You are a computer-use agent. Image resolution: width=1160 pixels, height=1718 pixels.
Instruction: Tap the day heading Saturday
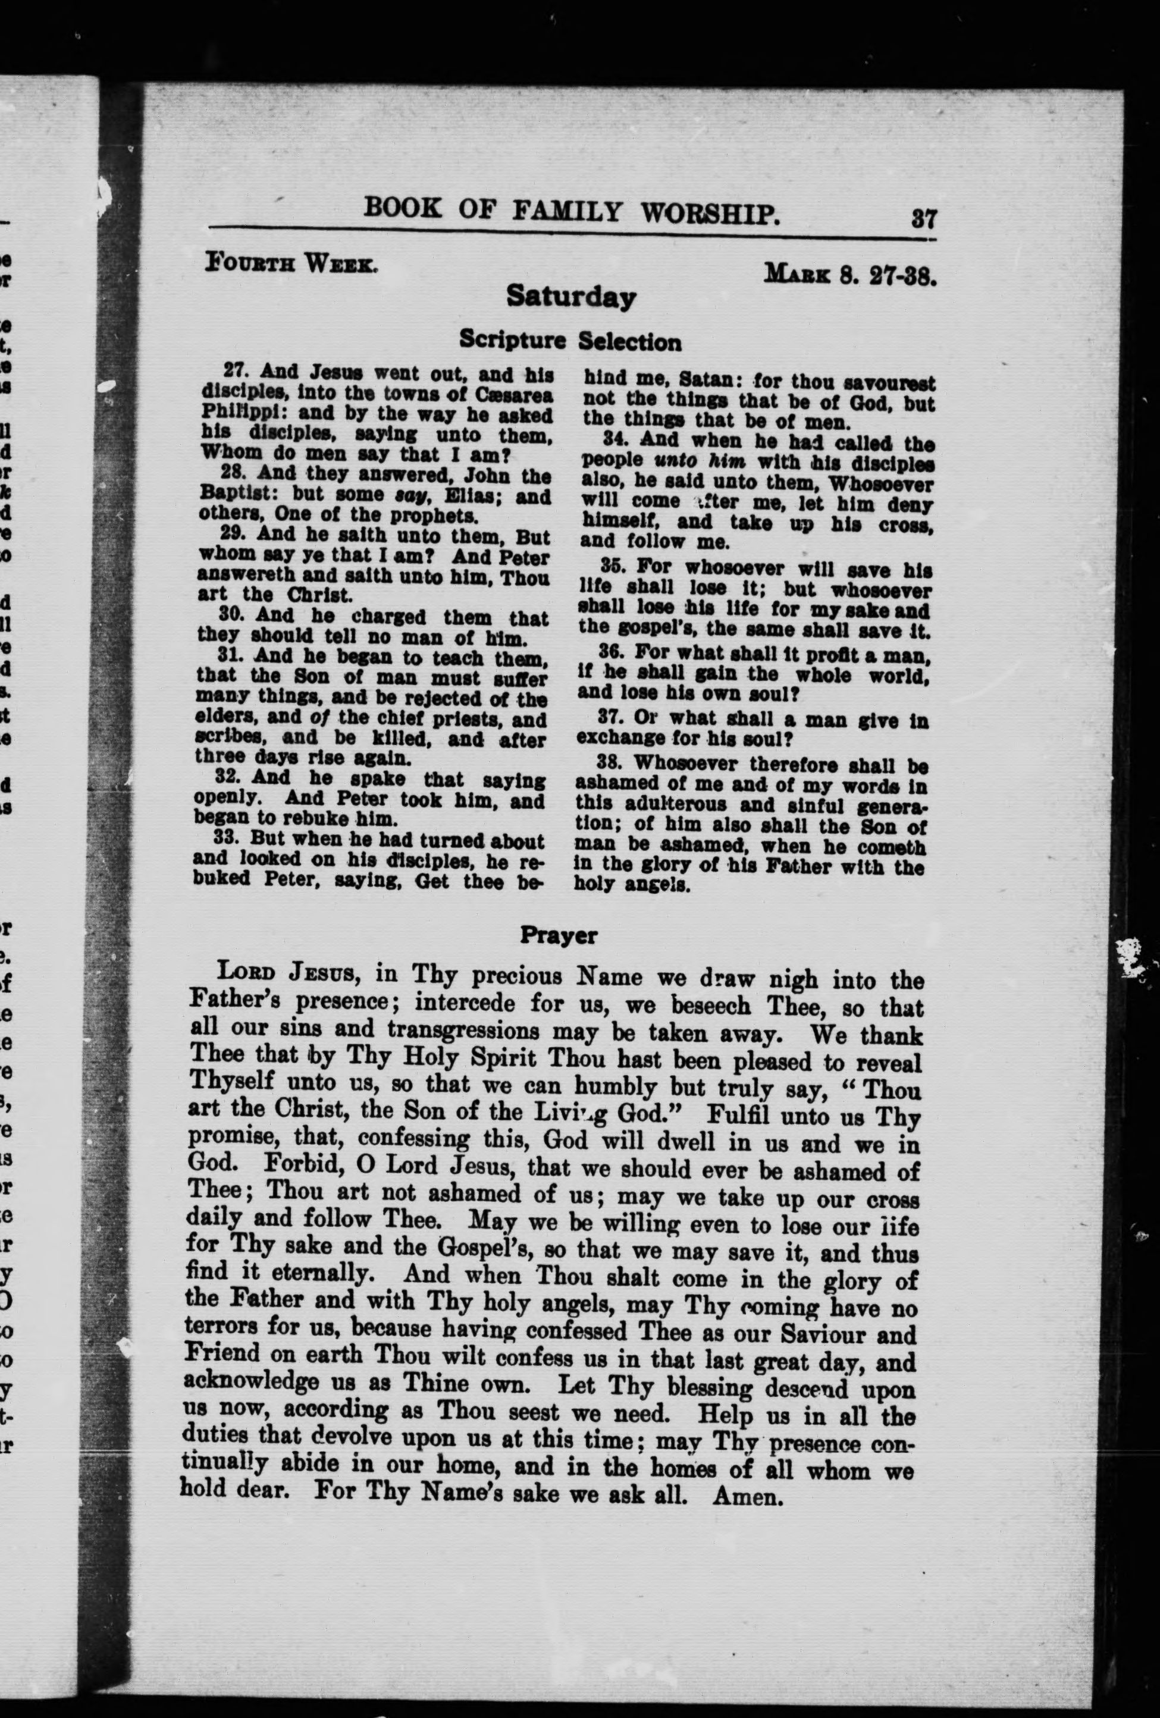point(570,297)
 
